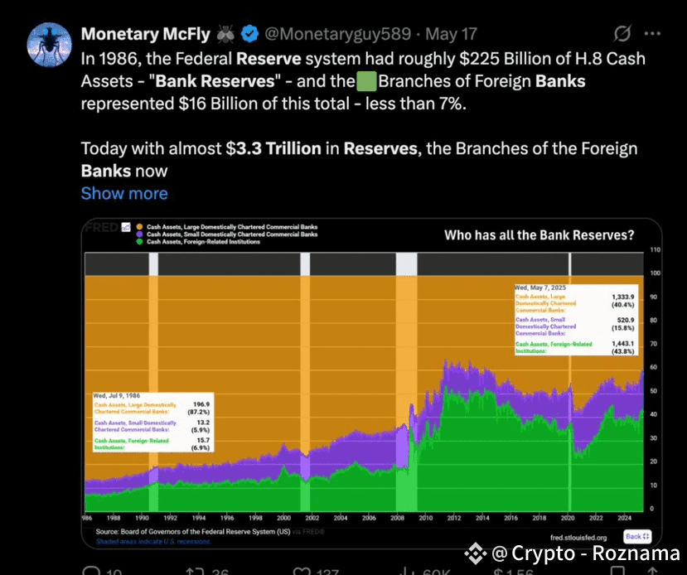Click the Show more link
tap(124, 193)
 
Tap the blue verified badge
tap(250, 35)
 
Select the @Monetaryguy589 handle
tap(338, 35)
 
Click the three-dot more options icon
tap(652, 35)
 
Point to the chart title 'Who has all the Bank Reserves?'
tap(539, 235)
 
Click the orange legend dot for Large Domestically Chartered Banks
tap(139, 226)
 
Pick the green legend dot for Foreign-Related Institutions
tap(139, 242)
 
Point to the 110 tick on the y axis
tap(631, 249)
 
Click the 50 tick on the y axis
tap(631, 391)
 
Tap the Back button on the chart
tap(638, 537)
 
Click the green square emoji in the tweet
tap(365, 81)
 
